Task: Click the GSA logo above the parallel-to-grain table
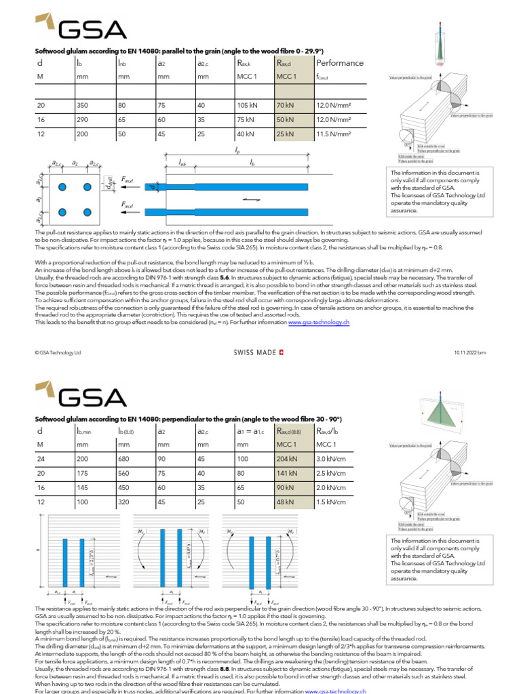(80, 28)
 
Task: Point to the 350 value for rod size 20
(84, 106)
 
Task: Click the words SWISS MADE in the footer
(255, 352)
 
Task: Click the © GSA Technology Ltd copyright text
(58, 352)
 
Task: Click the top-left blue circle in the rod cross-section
(62, 186)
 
